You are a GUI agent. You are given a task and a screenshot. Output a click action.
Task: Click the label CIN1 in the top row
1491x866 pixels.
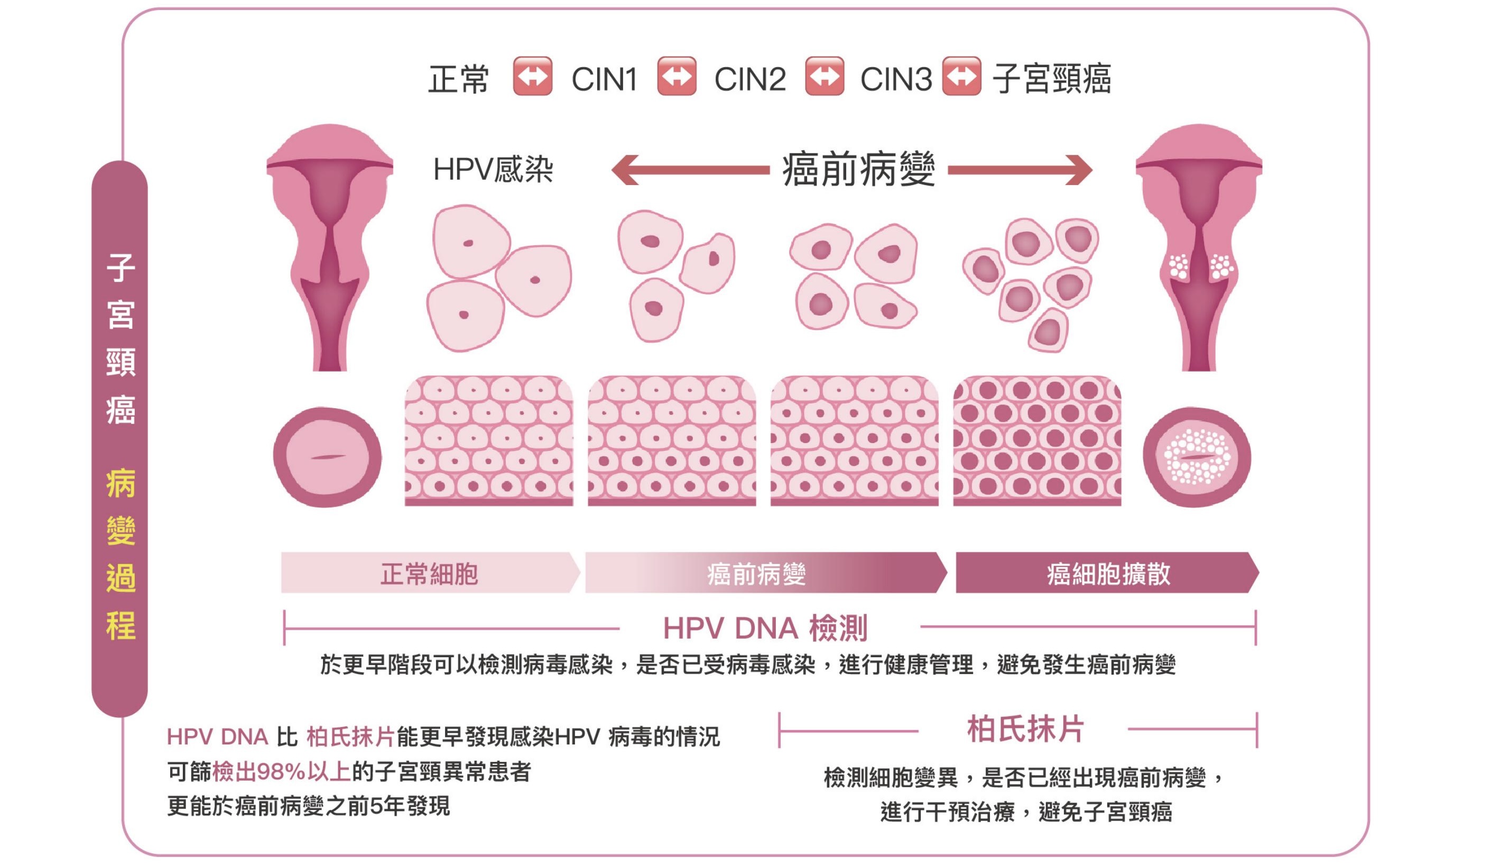tap(604, 79)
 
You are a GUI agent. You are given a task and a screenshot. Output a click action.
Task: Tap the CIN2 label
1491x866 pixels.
tap(749, 79)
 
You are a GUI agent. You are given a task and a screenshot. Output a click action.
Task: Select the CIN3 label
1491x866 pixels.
tap(895, 79)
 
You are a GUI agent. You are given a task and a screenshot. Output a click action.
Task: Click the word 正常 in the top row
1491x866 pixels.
tap(459, 79)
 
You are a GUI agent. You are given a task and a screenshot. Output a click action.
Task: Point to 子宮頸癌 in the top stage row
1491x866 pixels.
tap(1052, 79)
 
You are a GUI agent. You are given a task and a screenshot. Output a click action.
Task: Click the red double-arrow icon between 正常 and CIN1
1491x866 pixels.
tap(533, 76)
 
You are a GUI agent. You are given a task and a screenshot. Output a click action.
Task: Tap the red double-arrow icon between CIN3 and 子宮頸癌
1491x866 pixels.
tap(961, 76)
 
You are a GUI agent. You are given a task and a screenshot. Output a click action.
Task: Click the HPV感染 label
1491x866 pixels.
tap(493, 170)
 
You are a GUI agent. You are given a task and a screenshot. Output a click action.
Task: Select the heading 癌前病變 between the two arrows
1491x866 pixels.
tap(858, 170)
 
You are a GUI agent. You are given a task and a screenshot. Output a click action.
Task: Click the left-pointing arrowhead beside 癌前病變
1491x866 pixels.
tap(625, 170)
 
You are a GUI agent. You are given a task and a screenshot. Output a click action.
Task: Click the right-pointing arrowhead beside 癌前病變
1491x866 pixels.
tap(1079, 170)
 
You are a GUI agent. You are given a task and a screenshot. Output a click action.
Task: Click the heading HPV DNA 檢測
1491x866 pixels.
tap(765, 629)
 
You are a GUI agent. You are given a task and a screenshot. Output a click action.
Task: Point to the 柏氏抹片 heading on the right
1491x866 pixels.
tap(1025, 729)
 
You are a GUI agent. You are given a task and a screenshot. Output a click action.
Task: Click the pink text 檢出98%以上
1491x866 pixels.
tap(281, 772)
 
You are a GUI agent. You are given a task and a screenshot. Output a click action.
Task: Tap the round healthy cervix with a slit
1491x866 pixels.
tap(327, 457)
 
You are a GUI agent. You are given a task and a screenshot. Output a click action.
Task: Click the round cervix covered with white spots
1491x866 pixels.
tap(1197, 457)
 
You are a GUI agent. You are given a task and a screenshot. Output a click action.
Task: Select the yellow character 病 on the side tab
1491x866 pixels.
tap(121, 483)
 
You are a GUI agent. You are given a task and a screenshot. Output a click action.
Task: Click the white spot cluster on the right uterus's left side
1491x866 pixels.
tap(1178, 267)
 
